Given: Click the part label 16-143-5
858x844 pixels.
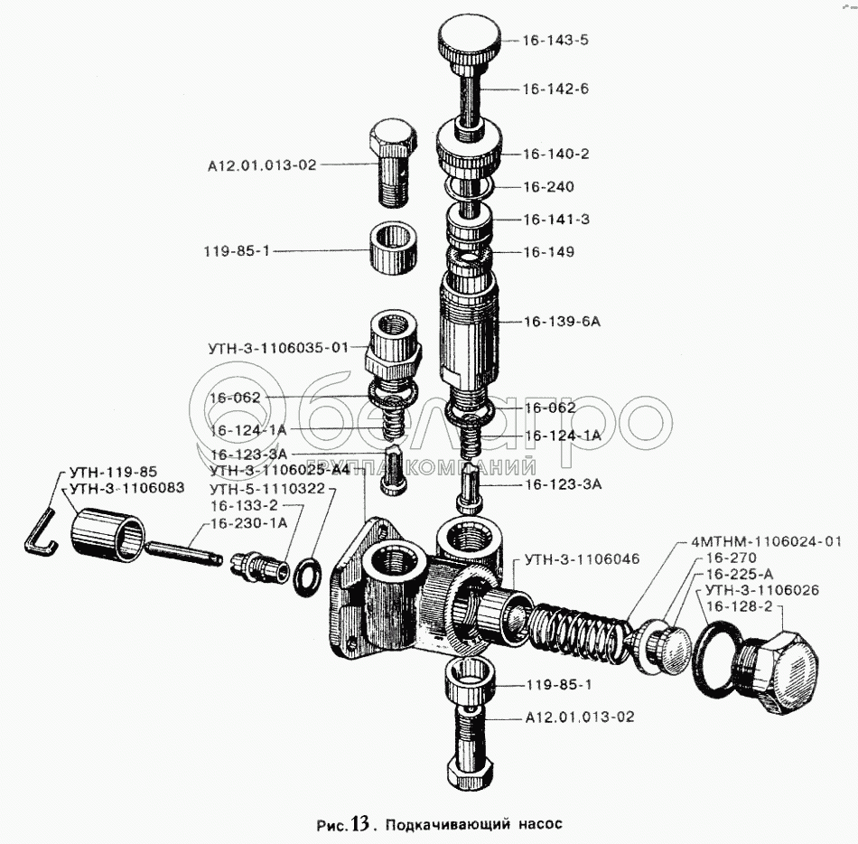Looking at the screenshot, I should (x=555, y=41).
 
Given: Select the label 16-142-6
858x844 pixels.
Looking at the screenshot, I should (x=555, y=89).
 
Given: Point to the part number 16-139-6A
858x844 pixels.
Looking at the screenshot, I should (x=562, y=321).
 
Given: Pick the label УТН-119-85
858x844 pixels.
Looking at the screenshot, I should (x=112, y=472).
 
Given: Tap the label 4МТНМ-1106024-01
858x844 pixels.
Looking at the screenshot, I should (x=765, y=541).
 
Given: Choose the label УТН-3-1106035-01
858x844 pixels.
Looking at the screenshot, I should (x=278, y=347).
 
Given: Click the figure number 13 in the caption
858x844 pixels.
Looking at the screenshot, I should (x=359, y=823).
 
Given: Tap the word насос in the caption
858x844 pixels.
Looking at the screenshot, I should (x=540, y=824).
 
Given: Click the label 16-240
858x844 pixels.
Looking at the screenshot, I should (x=548, y=187).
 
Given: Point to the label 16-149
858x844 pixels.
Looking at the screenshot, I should (x=548, y=252).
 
